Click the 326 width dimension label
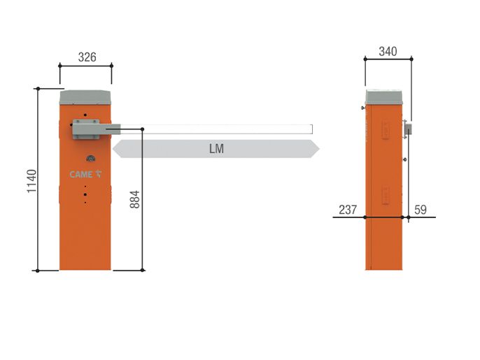pos(87,57)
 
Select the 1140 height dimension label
pos(31,181)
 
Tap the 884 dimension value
pos(134,199)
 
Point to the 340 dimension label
pos(388,52)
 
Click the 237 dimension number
pos(348,210)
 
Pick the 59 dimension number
pos(421,210)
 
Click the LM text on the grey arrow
pos(216,149)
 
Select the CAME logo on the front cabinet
pos(85,174)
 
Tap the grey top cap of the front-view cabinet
pos(85,98)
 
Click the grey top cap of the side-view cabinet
pos(384,97)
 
